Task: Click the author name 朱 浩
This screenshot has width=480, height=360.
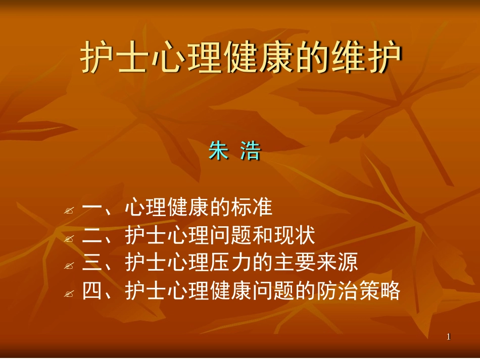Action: [234, 151]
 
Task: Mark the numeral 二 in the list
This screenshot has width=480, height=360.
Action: [92, 235]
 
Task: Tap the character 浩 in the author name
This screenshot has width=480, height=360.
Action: [250, 151]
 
